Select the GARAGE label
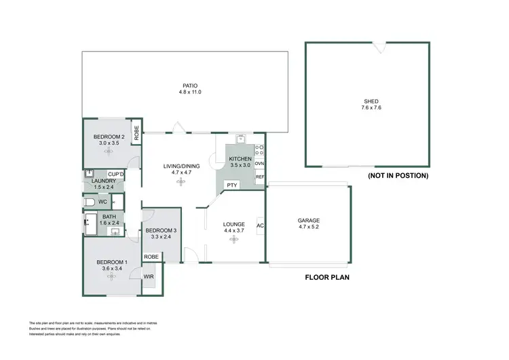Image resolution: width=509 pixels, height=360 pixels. click(309, 220)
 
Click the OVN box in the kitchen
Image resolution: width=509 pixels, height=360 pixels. click(259, 164)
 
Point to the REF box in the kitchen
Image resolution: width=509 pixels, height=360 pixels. click(259, 177)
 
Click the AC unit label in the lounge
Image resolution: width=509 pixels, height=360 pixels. click(259, 226)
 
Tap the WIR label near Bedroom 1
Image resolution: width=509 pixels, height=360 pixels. click(148, 276)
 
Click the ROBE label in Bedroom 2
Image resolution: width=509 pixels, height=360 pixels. click(136, 134)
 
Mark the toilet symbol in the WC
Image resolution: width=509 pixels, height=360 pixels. click(89, 202)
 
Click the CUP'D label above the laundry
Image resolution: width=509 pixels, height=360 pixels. click(115, 175)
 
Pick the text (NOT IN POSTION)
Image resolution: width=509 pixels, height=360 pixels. click(397, 176)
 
